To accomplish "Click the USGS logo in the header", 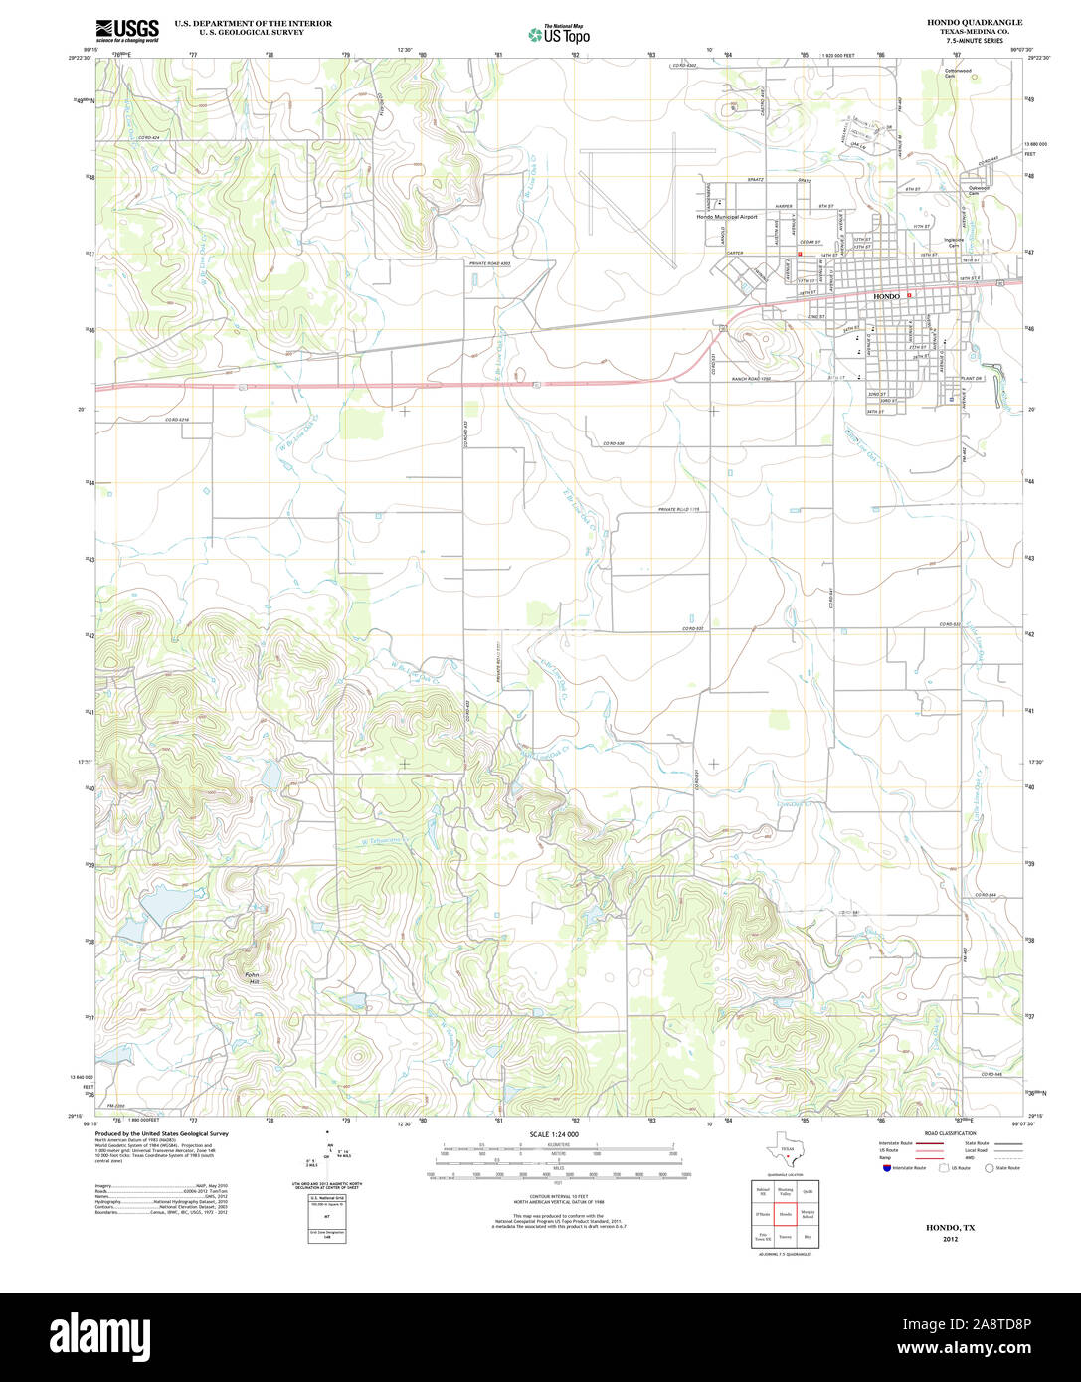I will (x=127, y=31).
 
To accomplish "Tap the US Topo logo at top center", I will (x=559, y=33).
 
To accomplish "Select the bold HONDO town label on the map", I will (x=886, y=297).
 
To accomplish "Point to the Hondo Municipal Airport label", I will (x=727, y=216).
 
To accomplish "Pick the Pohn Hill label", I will (x=253, y=977).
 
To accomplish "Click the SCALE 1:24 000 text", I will (x=554, y=1134).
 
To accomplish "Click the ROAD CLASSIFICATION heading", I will (x=944, y=1133).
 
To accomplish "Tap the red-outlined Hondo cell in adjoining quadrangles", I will (x=785, y=1214).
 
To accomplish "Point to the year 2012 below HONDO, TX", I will (x=952, y=1241).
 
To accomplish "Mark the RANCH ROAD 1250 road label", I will (x=752, y=379).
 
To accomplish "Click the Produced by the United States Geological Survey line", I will (x=161, y=1133).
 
